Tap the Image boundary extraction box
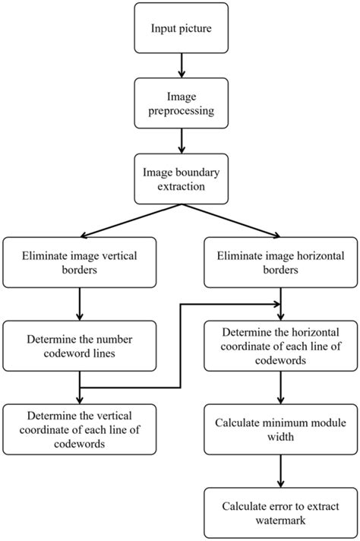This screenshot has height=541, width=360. click(x=180, y=179)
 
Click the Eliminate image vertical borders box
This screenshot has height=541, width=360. click(x=79, y=263)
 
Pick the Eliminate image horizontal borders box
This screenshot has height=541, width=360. click(x=281, y=263)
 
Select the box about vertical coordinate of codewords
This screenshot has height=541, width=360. click(x=79, y=430)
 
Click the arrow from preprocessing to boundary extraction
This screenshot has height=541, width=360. click(x=180, y=141)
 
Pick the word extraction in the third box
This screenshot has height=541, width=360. click(x=180, y=186)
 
